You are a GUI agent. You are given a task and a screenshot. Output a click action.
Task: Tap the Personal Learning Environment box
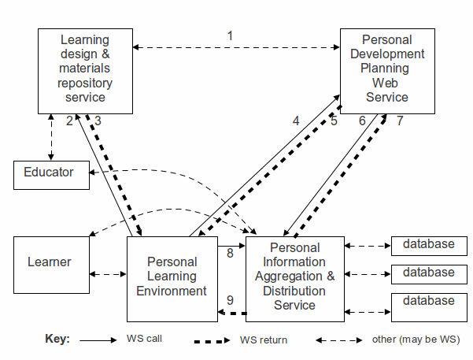(172, 276)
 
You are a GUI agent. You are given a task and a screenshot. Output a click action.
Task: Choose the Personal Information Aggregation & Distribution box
(295, 276)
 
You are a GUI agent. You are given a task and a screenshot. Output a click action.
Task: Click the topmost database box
(429, 246)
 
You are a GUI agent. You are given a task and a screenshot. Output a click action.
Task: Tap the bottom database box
(429, 302)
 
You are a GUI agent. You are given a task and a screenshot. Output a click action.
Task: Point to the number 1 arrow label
(230, 35)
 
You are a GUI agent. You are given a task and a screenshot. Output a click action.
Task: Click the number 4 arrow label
(296, 121)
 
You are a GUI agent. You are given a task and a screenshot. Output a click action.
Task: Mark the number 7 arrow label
(400, 121)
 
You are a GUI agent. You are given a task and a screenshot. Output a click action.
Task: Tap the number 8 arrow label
(230, 254)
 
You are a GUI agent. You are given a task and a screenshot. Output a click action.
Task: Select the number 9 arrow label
(230, 300)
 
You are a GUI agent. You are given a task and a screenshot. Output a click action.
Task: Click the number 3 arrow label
(98, 121)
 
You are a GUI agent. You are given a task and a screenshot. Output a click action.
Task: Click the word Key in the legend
(57, 340)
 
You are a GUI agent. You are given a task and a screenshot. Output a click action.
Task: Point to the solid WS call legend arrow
(98, 340)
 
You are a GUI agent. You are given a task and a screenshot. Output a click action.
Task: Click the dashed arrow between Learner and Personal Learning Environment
(109, 275)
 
